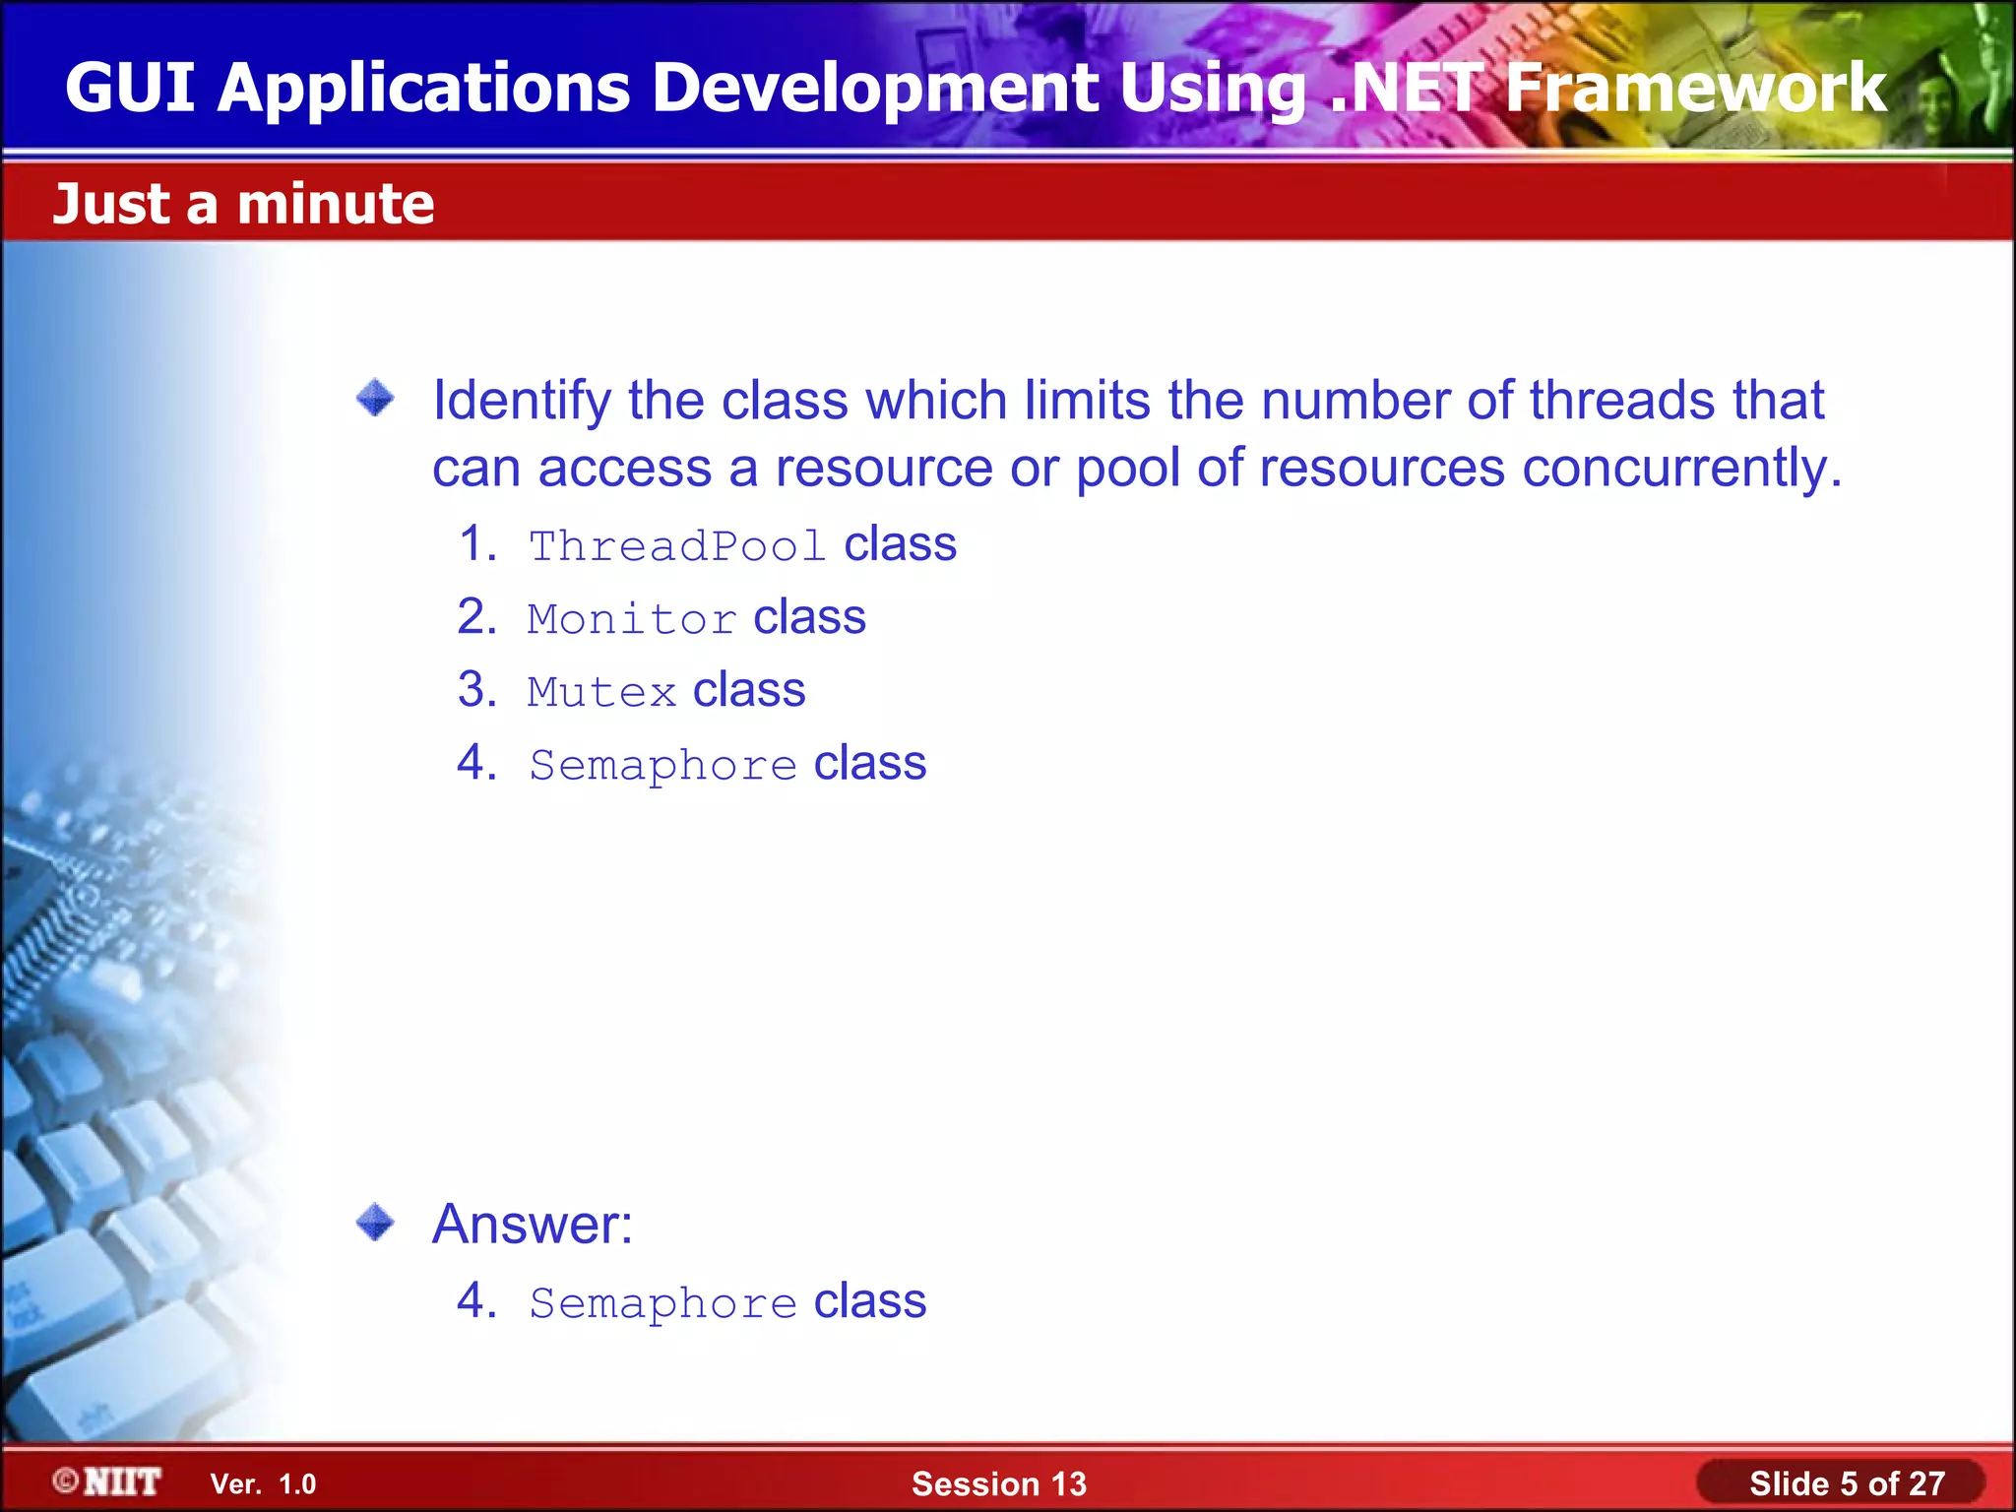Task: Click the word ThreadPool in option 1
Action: [676, 546]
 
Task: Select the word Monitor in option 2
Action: [631, 619]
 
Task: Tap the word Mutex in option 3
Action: [601, 692]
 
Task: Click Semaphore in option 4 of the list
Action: [662, 766]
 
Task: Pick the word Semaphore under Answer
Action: [662, 1304]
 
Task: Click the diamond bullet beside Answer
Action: [375, 1224]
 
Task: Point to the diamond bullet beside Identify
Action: [375, 400]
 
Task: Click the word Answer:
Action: [533, 1225]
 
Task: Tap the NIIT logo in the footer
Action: [108, 1481]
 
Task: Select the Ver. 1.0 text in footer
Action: [263, 1484]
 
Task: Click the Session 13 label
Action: [998, 1483]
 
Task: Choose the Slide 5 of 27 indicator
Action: [1846, 1483]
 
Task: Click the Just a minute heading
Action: [243, 204]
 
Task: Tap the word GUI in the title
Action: [129, 89]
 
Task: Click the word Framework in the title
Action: [1695, 89]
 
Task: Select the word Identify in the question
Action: [522, 402]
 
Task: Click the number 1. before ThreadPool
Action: [478, 544]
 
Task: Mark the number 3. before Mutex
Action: [477, 690]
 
